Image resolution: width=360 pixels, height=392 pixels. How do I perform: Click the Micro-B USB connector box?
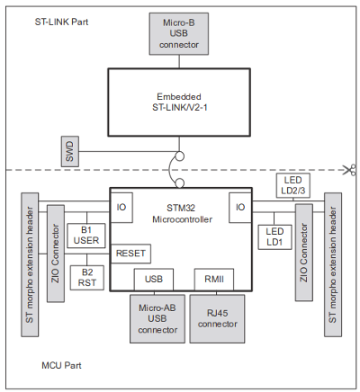coord(179,33)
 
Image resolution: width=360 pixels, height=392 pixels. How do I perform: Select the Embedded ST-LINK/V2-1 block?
coord(179,102)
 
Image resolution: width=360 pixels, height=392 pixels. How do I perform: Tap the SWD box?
coord(70,151)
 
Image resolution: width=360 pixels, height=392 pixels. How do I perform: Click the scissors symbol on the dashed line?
coord(350,170)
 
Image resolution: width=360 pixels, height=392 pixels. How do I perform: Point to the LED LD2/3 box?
coord(293,185)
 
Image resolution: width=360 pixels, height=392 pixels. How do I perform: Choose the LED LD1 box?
coord(274,237)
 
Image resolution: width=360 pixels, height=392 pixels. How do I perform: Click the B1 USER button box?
coord(86,236)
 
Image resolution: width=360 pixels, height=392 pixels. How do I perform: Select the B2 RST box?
coord(87,278)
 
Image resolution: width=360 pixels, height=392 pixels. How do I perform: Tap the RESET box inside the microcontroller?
coord(130,254)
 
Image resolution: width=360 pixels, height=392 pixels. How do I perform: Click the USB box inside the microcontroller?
coord(154,280)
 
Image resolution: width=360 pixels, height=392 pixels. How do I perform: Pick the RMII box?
coord(214,280)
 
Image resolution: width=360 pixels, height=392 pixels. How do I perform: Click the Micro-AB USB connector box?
coord(157,319)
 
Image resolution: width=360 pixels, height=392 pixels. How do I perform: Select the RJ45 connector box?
coord(218,319)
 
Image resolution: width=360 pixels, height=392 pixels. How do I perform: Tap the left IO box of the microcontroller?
coord(121,208)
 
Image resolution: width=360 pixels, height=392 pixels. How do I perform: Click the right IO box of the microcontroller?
coord(240,208)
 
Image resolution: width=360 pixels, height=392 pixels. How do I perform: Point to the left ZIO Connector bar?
coord(56,254)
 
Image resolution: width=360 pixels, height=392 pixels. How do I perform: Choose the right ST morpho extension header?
coord(333,264)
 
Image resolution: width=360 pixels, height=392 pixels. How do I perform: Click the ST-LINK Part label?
coord(61,22)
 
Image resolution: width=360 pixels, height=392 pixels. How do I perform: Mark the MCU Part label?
coord(61,365)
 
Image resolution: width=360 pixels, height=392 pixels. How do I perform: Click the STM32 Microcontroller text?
coord(182,213)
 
